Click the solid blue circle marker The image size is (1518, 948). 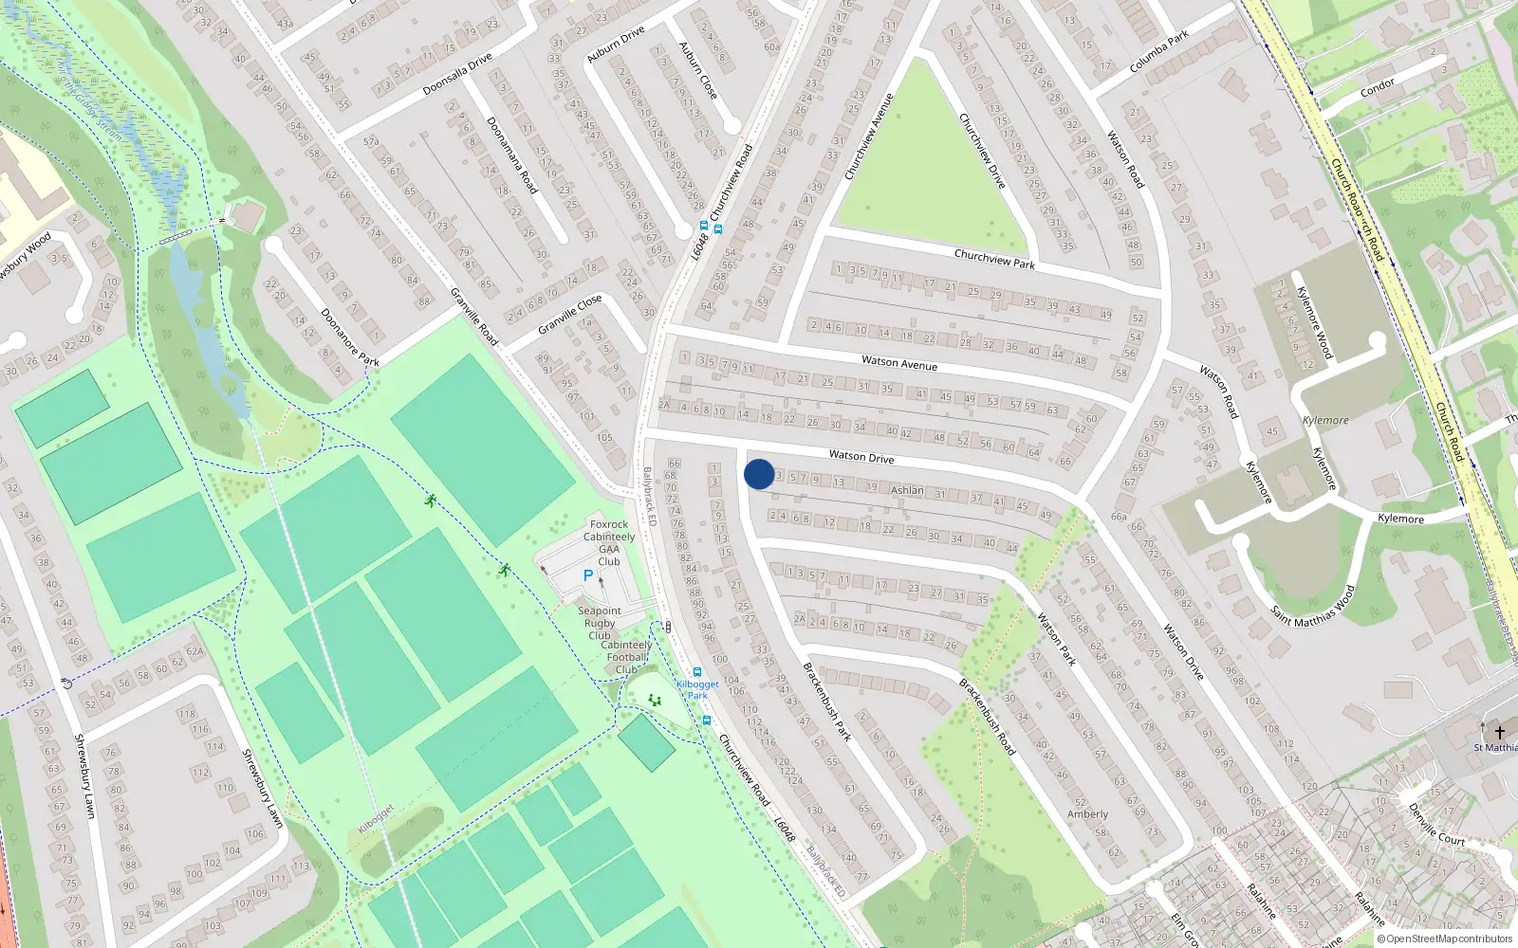pos(759,474)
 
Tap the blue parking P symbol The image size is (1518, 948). pos(588,575)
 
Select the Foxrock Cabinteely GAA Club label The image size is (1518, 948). pos(609,542)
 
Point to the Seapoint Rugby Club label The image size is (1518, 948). pos(600,623)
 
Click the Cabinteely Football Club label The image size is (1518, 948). pos(626,657)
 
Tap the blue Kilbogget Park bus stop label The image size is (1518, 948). pos(697,689)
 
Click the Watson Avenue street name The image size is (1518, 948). pos(898,362)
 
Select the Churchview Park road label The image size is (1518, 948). pos(994,258)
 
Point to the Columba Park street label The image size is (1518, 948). pos(1159,53)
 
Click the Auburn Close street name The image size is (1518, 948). pos(697,70)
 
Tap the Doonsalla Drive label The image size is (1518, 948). pos(457,73)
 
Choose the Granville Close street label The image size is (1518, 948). pos(569,314)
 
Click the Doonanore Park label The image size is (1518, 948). pos(349,337)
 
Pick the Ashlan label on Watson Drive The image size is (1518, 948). pos(907,490)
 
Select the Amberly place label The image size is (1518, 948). pos(1087,813)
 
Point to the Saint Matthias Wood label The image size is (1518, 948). pos(1313,606)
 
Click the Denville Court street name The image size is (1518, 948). pos(1436,825)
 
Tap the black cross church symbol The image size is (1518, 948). pos(1500,732)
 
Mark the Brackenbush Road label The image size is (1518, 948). pos(987,717)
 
